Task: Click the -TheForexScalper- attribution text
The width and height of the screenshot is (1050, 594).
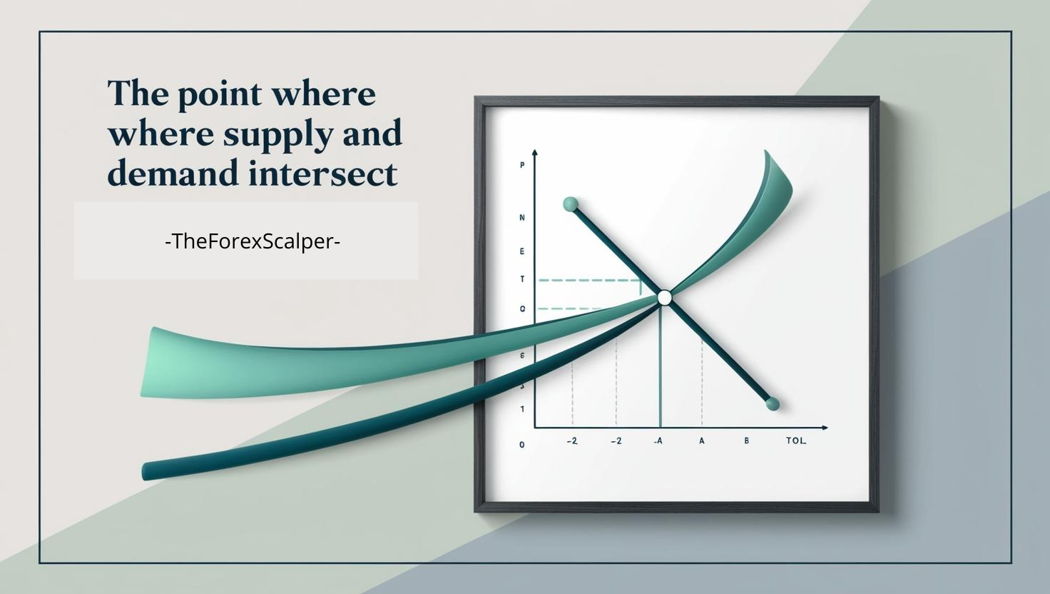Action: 253,241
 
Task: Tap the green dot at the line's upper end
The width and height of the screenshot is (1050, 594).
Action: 570,204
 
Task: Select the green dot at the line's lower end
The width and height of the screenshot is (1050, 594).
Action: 772,405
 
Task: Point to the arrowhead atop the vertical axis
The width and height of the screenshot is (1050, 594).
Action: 535,153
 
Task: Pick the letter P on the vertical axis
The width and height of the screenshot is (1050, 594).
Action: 522,166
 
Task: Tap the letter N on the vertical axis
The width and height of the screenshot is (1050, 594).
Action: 522,217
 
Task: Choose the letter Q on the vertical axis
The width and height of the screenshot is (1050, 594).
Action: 522,308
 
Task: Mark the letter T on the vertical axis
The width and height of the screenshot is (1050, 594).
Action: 522,279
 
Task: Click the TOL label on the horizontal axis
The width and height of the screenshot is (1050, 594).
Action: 796,441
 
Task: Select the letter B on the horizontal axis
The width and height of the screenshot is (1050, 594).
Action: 747,441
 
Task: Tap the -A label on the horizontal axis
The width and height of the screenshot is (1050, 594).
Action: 658,441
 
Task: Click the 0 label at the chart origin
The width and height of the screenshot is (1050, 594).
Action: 522,445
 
